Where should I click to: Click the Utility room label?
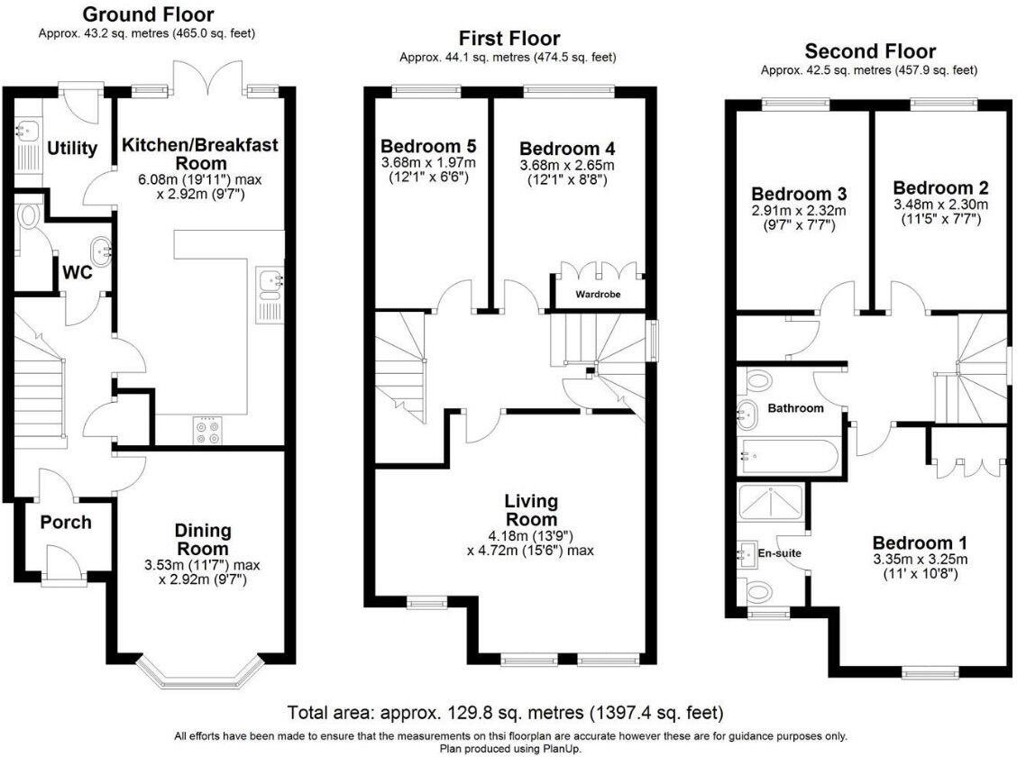pyautogui.click(x=72, y=149)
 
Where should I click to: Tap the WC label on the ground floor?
pyautogui.click(x=77, y=272)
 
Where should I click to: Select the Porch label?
pyautogui.click(x=66, y=523)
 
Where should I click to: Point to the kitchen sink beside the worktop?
pyautogui.click(x=270, y=286)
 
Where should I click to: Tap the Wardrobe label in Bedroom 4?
pyautogui.click(x=598, y=295)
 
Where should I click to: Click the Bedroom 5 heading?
pyautogui.click(x=428, y=147)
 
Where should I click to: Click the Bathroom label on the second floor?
pyautogui.click(x=795, y=408)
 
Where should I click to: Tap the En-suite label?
pyautogui.click(x=779, y=552)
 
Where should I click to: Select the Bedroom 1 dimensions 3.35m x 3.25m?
pyautogui.click(x=919, y=559)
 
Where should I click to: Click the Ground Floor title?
pyautogui.click(x=148, y=15)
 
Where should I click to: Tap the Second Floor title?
pyautogui.click(x=870, y=51)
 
